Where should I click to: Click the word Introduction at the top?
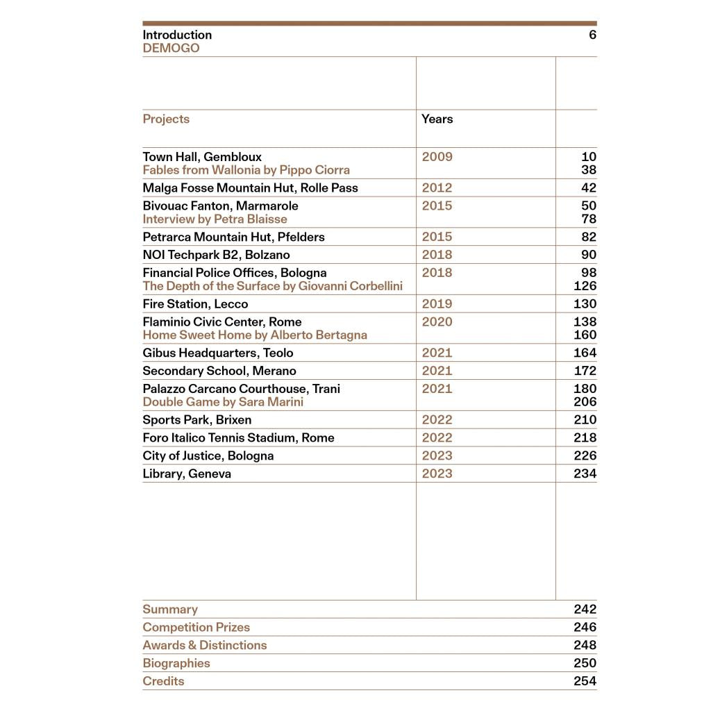pos(177,35)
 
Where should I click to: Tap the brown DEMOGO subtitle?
pos(171,48)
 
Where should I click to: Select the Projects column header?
pos(166,119)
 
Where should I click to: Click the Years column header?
pos(437,119)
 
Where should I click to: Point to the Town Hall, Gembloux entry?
pos(202,157)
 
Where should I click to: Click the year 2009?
pos(437,157)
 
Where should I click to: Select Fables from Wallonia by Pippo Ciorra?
pos(246,170)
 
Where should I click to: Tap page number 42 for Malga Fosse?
pos(589,188)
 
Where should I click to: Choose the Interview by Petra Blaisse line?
pos(215,219)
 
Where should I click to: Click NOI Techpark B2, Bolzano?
pos(216,255)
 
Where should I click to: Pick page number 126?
pos(585,286)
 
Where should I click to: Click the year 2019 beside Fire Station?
pos(437,304)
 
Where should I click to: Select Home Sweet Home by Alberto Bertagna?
pos(255,335)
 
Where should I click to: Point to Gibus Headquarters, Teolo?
pos(218,353)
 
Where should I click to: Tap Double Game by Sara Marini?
pos(223,402)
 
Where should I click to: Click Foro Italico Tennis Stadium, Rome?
pos(238,438)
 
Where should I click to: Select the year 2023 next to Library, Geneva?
pos(437,474)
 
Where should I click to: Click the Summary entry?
pos(170,610)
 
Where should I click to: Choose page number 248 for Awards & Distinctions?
pos(585,646)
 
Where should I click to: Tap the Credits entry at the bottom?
pos(163,681)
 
